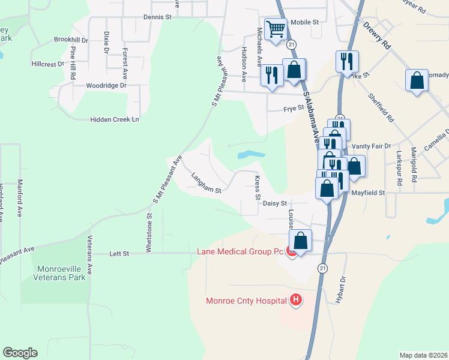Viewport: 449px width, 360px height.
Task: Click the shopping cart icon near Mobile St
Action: click(x=276, y=29)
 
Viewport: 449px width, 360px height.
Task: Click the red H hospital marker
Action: click(x=295, y=299)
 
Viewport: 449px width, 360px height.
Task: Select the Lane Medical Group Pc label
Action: click(x=240, y=252)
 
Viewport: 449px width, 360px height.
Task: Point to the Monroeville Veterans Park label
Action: click(x=61, y=272)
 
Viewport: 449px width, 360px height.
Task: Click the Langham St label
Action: click(x=206, y=183)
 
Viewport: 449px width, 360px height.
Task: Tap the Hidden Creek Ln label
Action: click(x=114, y=119)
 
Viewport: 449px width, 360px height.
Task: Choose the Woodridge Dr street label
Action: click(x=106, y=85)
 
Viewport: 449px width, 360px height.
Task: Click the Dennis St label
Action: click(x=157, y=17)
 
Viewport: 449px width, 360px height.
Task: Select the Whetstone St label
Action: click(x=150, y=234)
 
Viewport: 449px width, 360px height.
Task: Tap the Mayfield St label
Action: click(x=367, y=193)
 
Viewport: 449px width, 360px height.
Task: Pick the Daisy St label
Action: click(x=276, y=204)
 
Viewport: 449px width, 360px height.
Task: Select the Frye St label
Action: click(x=291, y=109)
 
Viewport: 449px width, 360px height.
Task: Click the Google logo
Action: click(x=20, y=353)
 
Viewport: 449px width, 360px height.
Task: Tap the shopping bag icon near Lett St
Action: click(x=301, y=241)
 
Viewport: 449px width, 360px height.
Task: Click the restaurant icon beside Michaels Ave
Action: click(x=271, y=76)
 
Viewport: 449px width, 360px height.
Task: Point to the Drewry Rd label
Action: click(x=376, y=37)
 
